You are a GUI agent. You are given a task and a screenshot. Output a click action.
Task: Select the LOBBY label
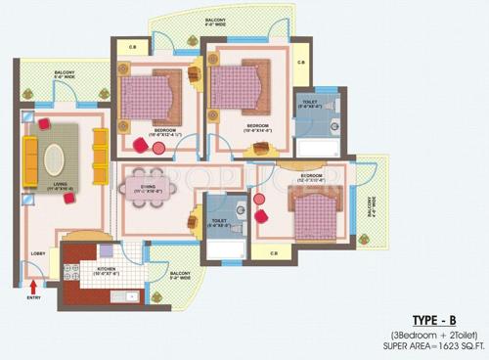[x=38, y=253]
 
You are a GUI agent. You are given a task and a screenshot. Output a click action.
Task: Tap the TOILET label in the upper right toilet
[x=309, y=102]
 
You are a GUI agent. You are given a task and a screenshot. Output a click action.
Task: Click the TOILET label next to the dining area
[x=218, y=222]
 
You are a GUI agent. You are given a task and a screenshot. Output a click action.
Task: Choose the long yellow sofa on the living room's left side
[x=29, y=157]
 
